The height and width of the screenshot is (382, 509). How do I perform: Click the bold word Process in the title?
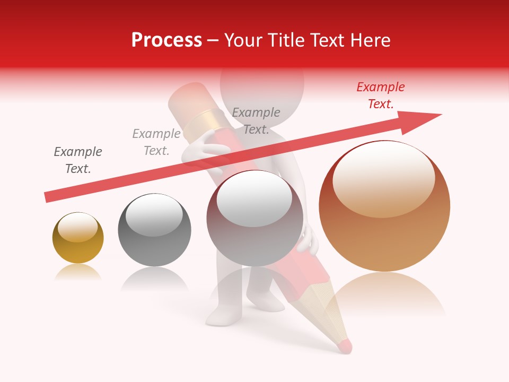pos(166,40)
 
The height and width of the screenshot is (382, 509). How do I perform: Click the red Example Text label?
pos(381,95)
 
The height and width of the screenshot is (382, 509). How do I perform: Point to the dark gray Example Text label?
pos(78,160)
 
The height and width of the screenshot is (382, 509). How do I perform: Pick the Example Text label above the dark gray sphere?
pos(156,142)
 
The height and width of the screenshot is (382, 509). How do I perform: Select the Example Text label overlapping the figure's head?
pos(256,120)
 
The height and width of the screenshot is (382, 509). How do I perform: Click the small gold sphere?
pos(78,244)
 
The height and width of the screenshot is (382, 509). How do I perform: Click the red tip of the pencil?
pos(344,346)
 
